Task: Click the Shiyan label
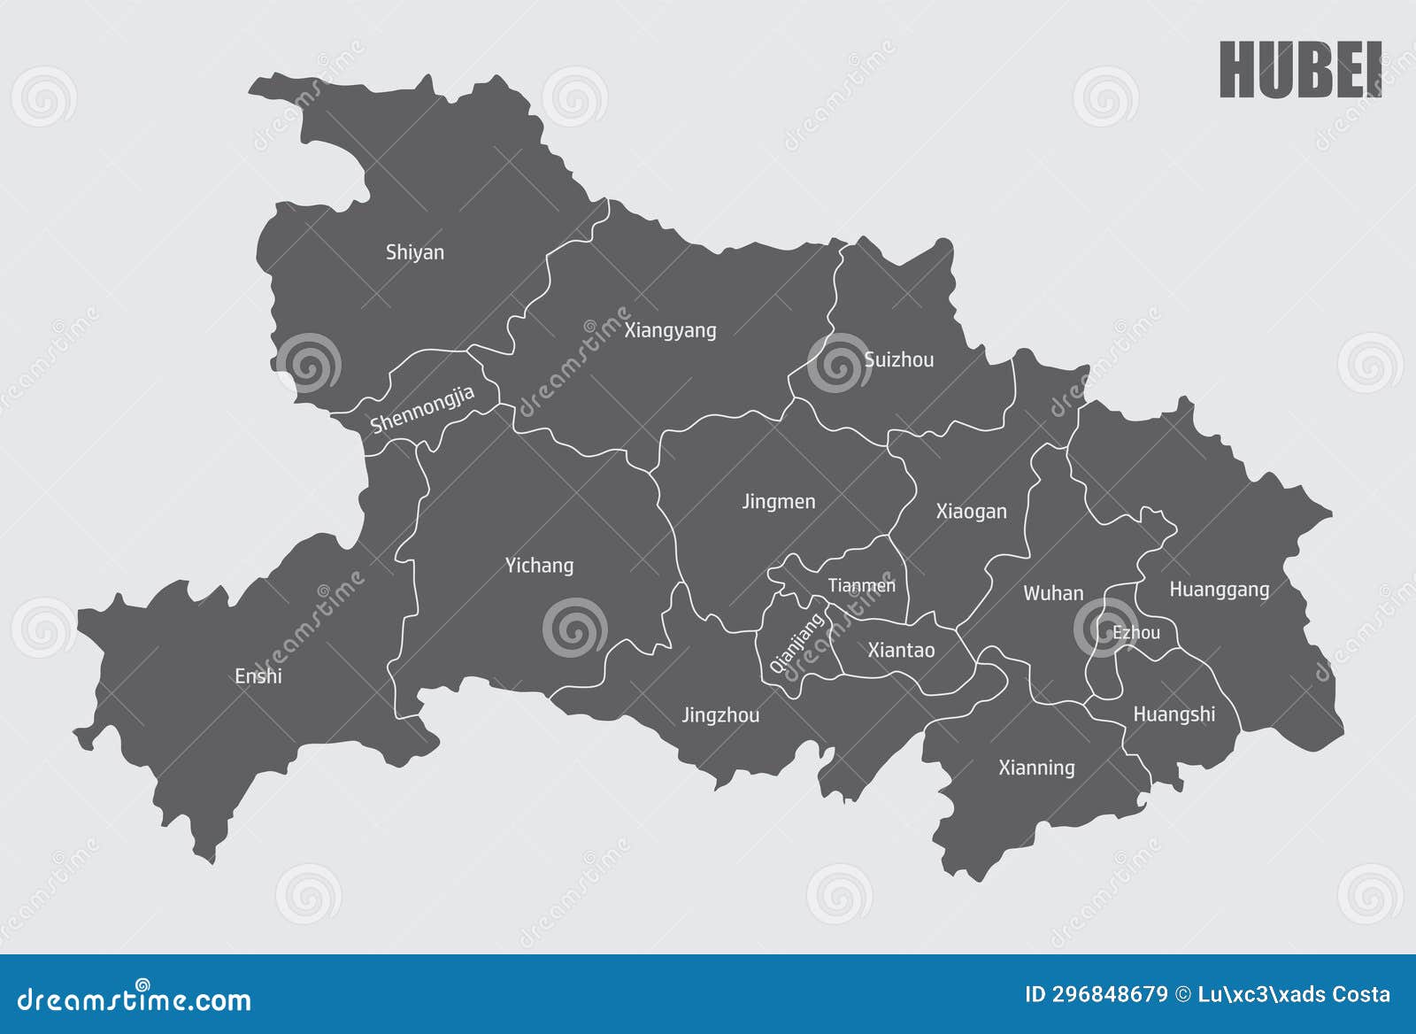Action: (414, 252)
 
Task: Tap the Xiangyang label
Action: (670, 331)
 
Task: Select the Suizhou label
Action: (898, 359)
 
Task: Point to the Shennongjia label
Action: (422, 410)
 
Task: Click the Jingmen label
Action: (778, 502)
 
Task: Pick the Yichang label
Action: (539, 566)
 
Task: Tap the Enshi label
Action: (258, 676)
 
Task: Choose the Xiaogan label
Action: (971, 512)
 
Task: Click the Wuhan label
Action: (1053, 593)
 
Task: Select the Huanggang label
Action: (1219, 590)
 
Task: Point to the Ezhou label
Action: (1136, 633)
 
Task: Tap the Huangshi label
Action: (1174, 714)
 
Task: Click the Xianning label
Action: (1036, 768)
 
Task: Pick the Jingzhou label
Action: (720, 715)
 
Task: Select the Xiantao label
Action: (901, 651)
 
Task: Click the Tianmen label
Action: (861, 585)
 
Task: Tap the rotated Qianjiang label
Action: (796, 643)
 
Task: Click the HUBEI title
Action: (1299, 70)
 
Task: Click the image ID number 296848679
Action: (1109, 994)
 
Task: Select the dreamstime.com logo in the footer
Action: (135, 999)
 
